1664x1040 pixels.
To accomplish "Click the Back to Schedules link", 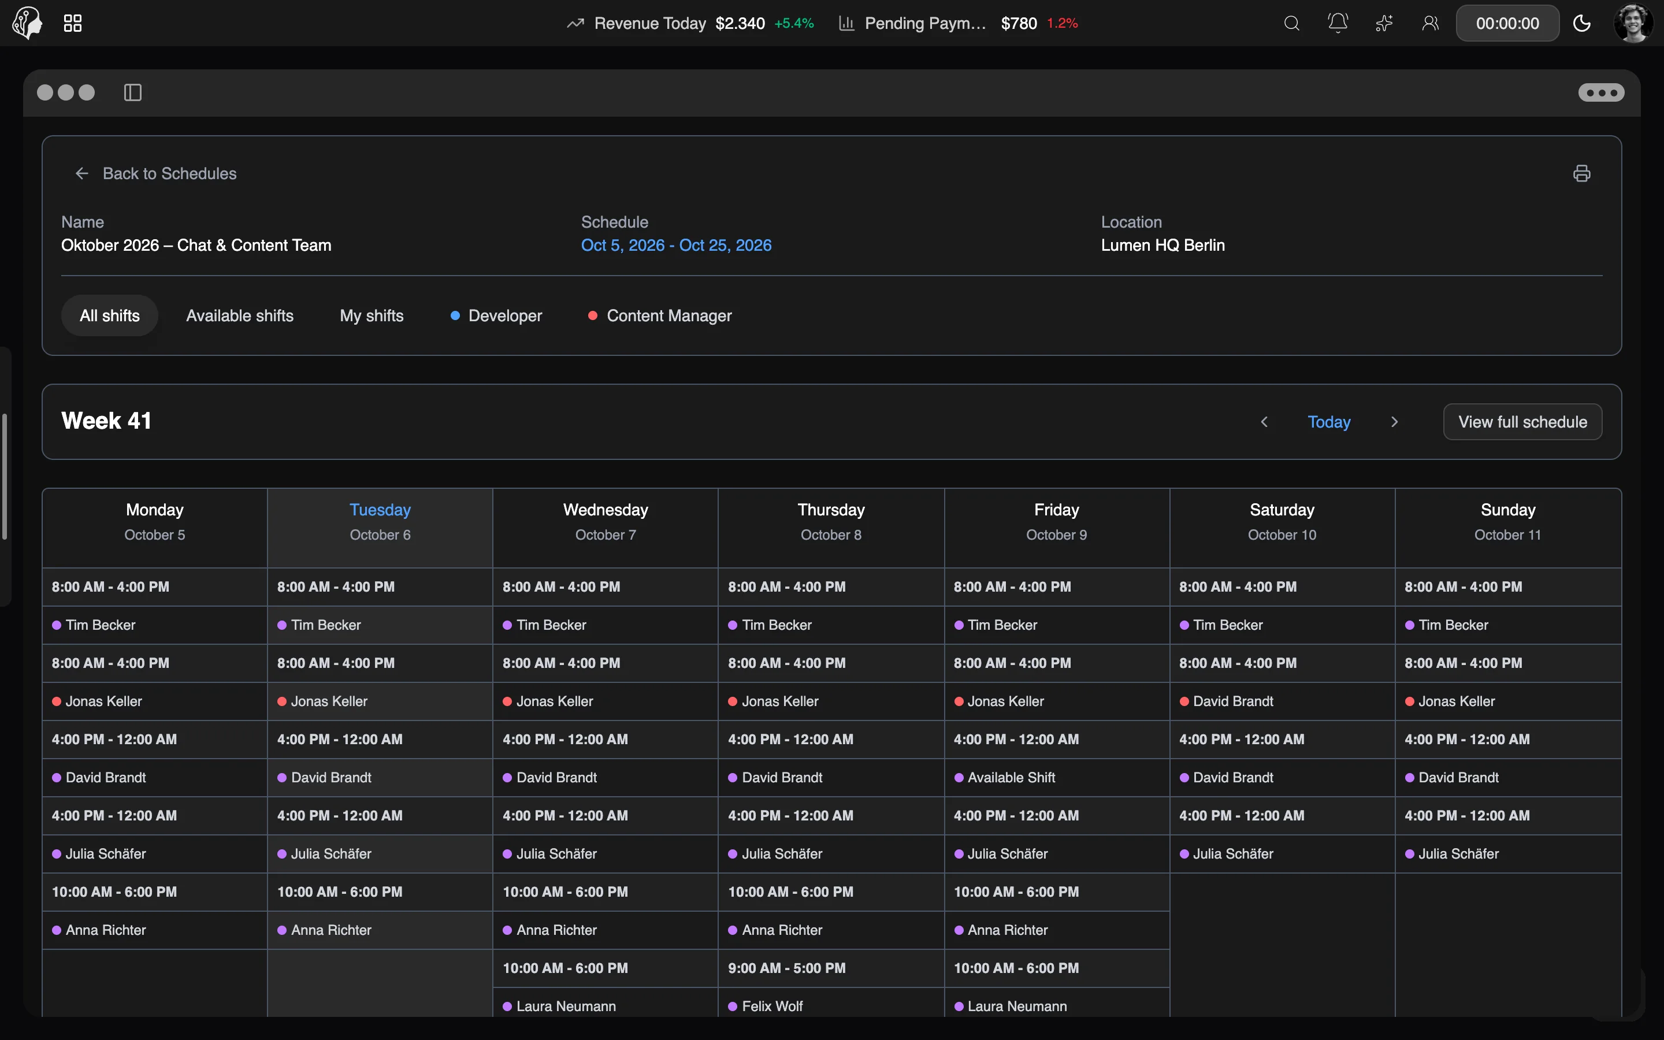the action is tap(156, 173).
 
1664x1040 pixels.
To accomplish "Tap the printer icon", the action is tap(1581, 173).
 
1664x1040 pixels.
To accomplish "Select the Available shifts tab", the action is tap(240, 315).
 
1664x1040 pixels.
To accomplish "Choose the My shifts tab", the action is tap(372, 315).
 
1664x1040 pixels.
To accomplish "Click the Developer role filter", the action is tap(496, 315).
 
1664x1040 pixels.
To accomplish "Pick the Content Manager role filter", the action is tap(660, 315).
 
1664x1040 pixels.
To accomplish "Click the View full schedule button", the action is tap(1522, 422).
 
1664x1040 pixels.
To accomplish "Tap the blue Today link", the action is tap(1328, 422).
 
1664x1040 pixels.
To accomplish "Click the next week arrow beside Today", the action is tap(1394, 422).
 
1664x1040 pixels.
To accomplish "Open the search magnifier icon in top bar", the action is tap(1292, 23).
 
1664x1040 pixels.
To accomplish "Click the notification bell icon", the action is tap(1338, 23).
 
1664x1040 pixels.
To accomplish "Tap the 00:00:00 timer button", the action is tap(1507, 23).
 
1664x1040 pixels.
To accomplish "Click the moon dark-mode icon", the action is tap(1581, 23).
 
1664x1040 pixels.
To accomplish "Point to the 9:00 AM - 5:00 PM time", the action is tap(786, 968).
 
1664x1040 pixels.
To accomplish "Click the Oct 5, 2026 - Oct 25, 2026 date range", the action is tap(676, 246).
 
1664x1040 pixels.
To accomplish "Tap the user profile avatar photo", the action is tap(1634, 23).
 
